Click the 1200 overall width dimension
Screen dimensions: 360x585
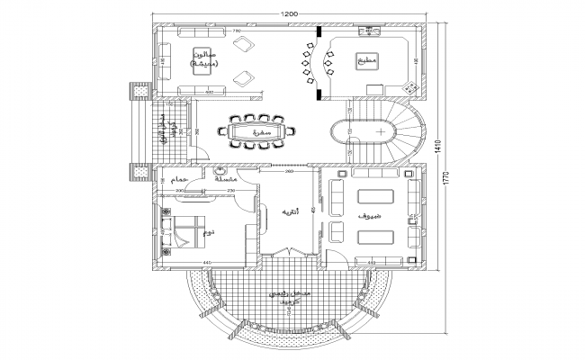[289, 15]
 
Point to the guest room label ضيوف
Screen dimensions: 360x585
[369, 218]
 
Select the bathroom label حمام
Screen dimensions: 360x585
[175, 180]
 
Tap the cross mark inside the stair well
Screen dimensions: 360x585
[382, 131]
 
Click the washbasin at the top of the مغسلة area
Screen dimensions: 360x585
[220, 171]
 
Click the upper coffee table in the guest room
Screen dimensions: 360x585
[376, 197]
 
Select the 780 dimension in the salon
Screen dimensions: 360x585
[238, 31]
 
